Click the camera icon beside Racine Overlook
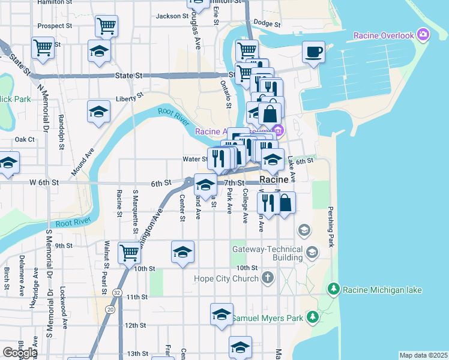(x=424, y=35)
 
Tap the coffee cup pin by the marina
(x=313, y=52)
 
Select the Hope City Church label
(x=225, y=278)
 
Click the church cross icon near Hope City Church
(x=268, y=278)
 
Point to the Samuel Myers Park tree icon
(x=312, y=317)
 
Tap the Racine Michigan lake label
(x=382, y=290)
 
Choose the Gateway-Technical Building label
(x=267, y=253)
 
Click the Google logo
(x=19, y=353)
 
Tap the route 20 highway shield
(x=109, y=309)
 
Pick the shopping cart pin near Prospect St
(x=106, y=26)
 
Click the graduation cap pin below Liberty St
(x=99, y=112)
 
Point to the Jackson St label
(x=167, y=16)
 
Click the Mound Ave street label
(x=82, y=163)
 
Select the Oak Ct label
(x=25, y=139)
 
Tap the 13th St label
(x=137, y=354)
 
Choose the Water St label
(x=195, y=160)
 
